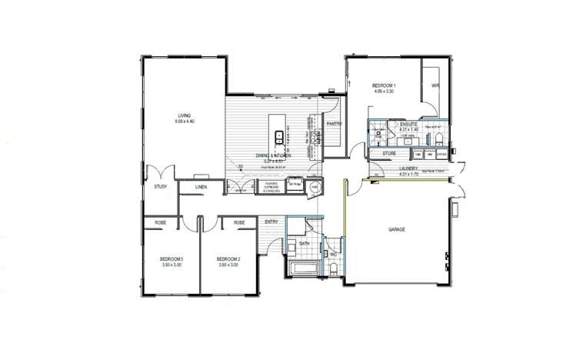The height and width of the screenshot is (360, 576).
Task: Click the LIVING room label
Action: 183,116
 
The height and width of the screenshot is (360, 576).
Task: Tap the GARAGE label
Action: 397,229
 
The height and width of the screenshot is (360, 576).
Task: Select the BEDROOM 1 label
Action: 384,85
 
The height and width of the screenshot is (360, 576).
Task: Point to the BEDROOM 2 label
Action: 228,258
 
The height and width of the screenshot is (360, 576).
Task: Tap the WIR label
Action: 434,85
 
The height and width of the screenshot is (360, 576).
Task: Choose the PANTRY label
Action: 334,124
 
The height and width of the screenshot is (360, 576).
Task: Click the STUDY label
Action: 161,186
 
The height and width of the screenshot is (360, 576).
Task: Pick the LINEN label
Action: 201,187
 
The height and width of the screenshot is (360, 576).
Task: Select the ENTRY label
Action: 271,222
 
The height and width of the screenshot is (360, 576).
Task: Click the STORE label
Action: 389,154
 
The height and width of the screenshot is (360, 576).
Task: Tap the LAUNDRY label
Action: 408,168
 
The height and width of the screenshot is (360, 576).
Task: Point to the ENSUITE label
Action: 408,123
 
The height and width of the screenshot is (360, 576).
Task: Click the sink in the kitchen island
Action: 280,137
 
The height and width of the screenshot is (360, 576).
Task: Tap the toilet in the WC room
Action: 332,268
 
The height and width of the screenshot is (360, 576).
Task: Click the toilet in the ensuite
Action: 437,139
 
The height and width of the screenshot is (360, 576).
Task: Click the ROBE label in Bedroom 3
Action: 161,222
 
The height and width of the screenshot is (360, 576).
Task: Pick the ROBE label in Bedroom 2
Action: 239,222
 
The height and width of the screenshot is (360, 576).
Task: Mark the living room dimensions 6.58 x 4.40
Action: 185,122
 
